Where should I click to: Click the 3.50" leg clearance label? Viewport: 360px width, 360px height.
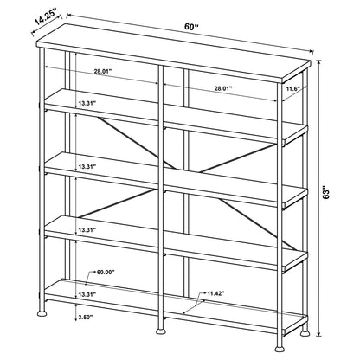85,318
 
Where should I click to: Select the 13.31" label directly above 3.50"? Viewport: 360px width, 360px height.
84,293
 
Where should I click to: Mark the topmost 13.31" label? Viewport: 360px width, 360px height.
83,103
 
